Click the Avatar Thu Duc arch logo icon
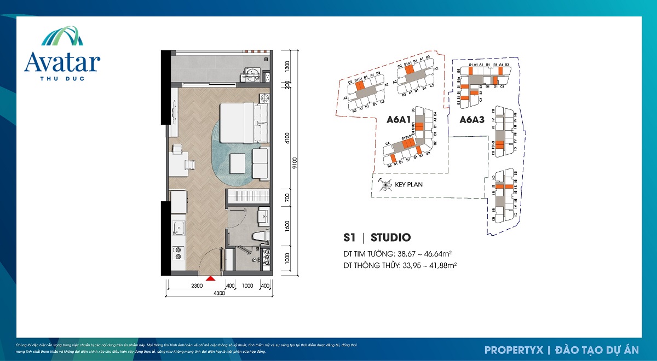[62, 37]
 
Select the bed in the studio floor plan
[244, 121]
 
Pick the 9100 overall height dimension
[295, 164]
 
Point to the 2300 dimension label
[197, 286]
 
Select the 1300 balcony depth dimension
[288, 67]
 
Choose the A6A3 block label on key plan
[471, 119]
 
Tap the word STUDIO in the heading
[390, 237]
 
